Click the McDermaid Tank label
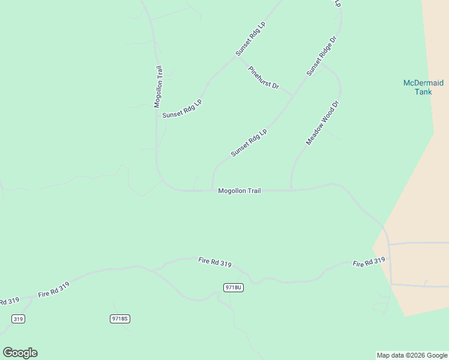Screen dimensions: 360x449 pyautogui.click(x=424, y=87)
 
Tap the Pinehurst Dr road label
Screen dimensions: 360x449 pyautogui.click(x=264, y=77)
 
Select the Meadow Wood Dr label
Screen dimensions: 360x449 pyautogui.click(x=323, y=123)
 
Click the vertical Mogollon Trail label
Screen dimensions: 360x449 pyautogui.click(x=158, y=87)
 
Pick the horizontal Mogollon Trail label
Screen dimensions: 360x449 pyautogui.click(x=240, y=191)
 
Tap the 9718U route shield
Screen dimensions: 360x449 pyautogui.click(x=233, y=287)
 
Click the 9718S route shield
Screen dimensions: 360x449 pyautogui.click(x=120, y=319)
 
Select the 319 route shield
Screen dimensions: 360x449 pyautogui.click(x=17, y=319)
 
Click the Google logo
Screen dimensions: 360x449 pyautogui.click(x=20, y=353)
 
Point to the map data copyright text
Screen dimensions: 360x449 pyautogui.click(x=412, y=355)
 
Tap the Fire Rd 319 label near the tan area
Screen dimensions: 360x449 pyautogui.click(x=369, y=263)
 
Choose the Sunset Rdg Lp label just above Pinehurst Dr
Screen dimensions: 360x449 pyautogui.click(x=250, y=40)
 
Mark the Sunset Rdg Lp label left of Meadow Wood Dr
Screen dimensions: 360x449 pyautogui.click(x=249, y=143)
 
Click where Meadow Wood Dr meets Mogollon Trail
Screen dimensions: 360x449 pyautogui.click(x=291, y=190)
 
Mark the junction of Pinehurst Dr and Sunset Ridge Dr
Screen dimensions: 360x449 pyautogui.click(x=293, y=97)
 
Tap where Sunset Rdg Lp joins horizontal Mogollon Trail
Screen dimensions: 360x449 pyautogui.click(x=212, y=190)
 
